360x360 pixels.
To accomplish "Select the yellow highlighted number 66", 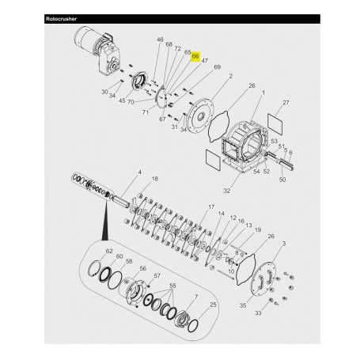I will pyautogui.click(x=195, y=57).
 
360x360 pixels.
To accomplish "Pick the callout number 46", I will pyautogui.click(x=159, y=40).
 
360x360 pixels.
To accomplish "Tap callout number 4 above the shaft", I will pyautogui.click(x=140, y=172).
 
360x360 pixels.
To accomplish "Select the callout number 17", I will pyautogui.click(x=211, y=207).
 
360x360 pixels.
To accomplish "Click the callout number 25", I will pyautogui.click(x=213, y=304).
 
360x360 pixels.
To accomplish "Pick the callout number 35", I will pyautogui.click(x=243, y=303).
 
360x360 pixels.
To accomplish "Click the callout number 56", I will pyautogui.click(x=143, y=269).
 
